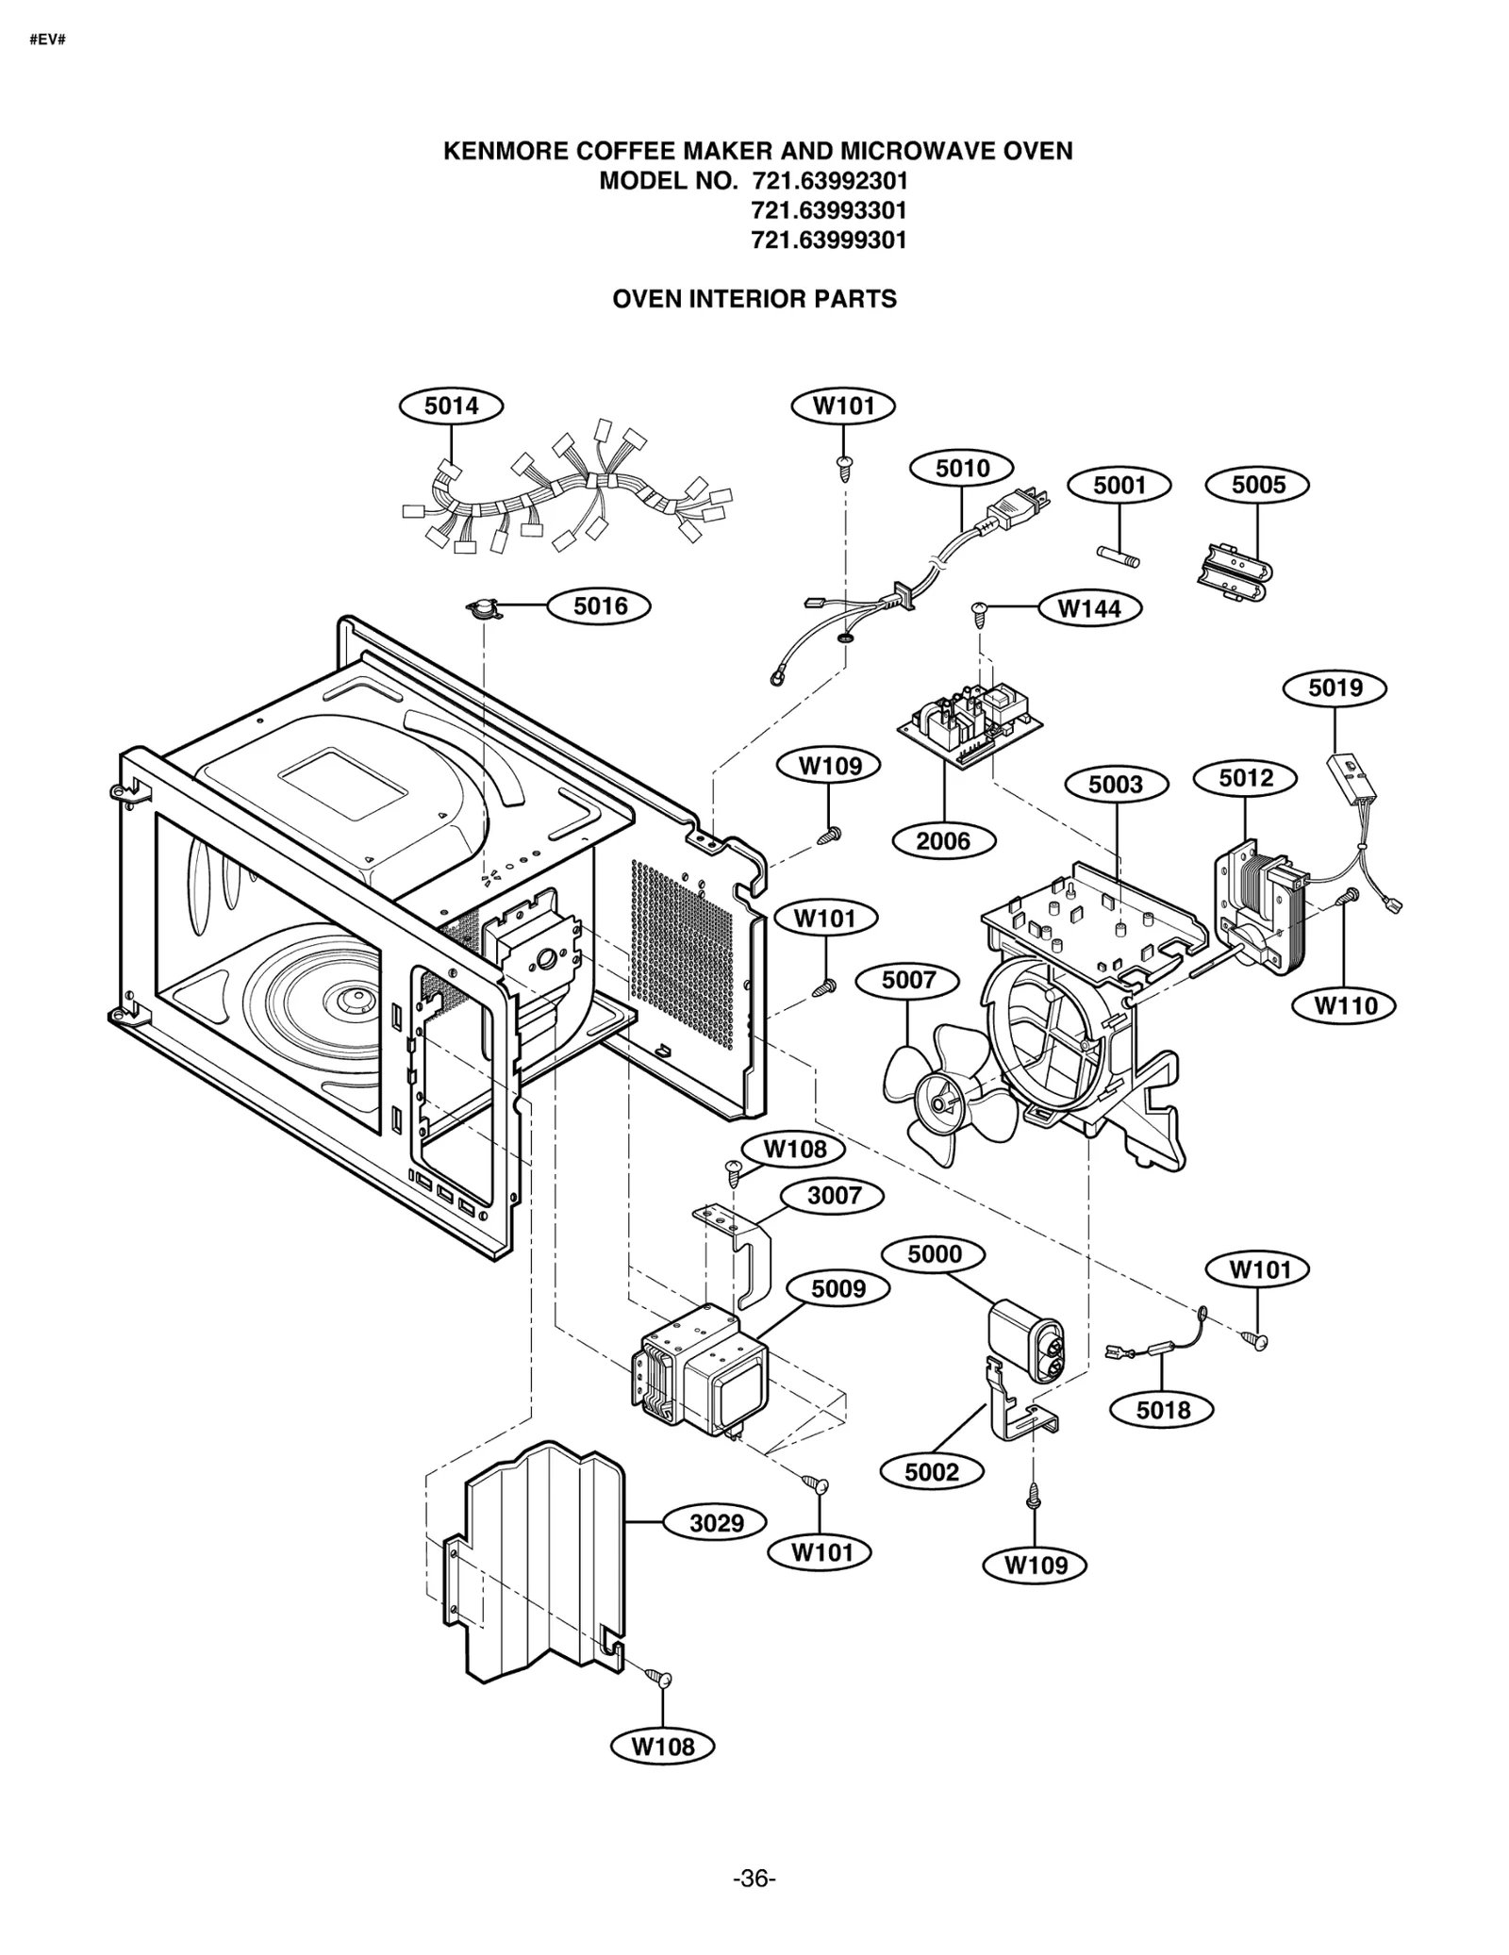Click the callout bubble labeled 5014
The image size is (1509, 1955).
tap(451, 406)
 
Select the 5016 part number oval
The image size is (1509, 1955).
tap(600, 605)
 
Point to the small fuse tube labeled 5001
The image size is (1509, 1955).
tap(1118, 556)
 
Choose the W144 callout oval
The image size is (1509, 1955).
tap(1089, 608)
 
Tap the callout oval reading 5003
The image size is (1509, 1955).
tap(1116, 785)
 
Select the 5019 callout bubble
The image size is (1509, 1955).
tap(1335, 688)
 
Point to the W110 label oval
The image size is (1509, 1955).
tap(1346, 1005)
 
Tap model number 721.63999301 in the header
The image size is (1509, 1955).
tap(828, 240)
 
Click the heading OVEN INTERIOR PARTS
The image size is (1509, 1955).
tap(754, 299)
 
